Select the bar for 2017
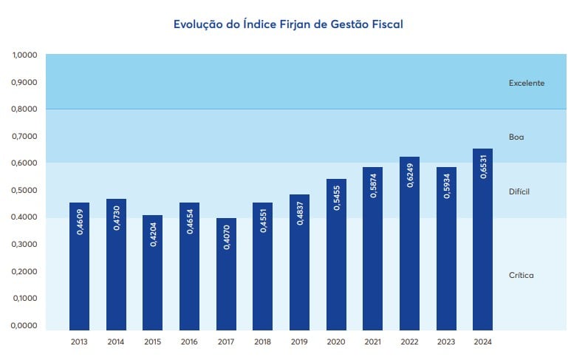(226, 274)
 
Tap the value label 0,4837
(299, 214)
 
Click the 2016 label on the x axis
(189, 342)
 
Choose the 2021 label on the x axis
(372, 342)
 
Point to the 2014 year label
(116, 342)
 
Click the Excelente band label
(526, 83)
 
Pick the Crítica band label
(521, 275)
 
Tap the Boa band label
(516, 137)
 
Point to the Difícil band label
(519, 191)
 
